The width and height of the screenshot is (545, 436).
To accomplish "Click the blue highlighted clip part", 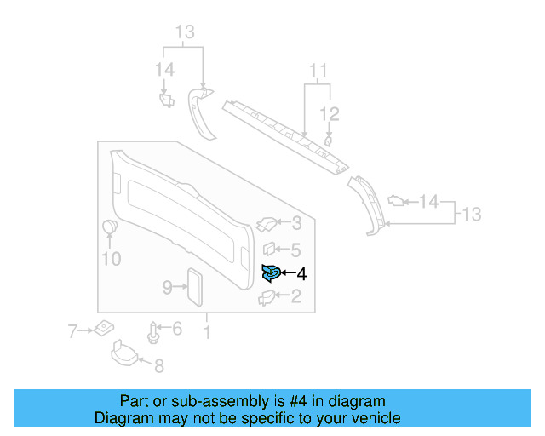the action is tap(270, 272).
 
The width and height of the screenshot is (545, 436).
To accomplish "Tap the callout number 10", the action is tap(112, 259).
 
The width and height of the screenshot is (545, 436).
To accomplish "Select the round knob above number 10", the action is tap(110, 227).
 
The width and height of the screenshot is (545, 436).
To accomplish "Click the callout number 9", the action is tap(168, 286).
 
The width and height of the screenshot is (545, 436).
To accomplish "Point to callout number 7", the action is tap(73, 329).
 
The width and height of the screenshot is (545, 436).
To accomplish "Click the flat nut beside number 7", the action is tap(102, 327).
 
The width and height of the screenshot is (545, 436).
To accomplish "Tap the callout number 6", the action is tap(176, 329).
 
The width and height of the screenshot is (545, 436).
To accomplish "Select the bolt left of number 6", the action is tap(154, 331).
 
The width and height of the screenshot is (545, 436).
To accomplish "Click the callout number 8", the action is tap(158, 366).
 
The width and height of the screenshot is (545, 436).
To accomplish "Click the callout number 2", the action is tap(295, 296).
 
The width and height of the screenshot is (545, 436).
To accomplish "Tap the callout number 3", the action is tap(295, 224).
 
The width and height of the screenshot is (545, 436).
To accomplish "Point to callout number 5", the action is tap(295, 250).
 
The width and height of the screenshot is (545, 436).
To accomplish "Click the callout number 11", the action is tap(318, 70).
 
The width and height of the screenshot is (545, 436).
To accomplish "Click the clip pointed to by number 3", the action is tap(266, 224).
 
